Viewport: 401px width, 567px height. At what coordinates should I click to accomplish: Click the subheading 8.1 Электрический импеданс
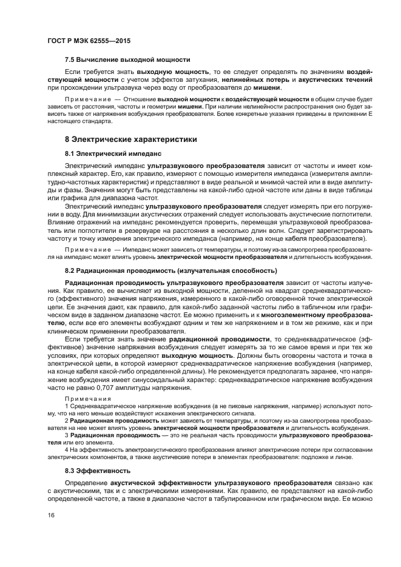113,154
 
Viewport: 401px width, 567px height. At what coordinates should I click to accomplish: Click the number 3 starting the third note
66,435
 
